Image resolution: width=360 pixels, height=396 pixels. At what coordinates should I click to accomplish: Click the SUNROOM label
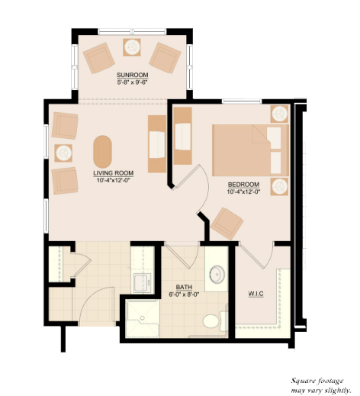[133, 75]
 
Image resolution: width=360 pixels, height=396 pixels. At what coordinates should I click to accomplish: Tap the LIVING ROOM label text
[114, 173]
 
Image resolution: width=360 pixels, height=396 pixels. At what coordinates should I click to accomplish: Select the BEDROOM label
[243, 185]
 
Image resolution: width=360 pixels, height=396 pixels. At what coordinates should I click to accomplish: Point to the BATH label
[184, 288]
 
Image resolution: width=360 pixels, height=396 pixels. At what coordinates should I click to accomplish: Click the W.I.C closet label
[256, 294]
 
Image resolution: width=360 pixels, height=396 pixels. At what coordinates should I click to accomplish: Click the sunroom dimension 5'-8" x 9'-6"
[133, 82]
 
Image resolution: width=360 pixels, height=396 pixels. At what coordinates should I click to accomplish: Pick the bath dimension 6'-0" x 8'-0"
[184, 295]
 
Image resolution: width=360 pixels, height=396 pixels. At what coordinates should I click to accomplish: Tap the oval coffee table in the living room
[102, 152]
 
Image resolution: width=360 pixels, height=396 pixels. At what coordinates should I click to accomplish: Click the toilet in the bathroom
[214, 321]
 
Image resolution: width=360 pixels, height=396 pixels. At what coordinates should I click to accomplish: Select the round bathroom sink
[217, 274]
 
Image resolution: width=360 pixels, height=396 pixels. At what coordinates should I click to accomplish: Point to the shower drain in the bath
[143, 318]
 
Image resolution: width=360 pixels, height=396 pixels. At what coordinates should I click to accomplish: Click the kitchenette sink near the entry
[142, 283]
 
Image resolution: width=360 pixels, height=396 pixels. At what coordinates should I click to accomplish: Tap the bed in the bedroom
[250, 150]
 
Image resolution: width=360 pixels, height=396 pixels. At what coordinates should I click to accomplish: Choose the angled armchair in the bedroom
[227, 224]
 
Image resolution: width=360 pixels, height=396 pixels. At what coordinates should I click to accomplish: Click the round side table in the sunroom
[132, 47]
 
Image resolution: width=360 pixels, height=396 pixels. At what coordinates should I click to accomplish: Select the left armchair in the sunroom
[99, 58]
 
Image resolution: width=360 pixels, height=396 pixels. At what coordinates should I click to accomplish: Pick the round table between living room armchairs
[63, 153]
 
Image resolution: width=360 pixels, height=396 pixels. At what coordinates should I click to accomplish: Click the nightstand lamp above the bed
[279, 114]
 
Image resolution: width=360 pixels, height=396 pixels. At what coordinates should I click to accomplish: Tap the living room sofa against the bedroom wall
[157, 143]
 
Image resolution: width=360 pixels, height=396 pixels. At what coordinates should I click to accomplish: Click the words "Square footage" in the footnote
[317, 382]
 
